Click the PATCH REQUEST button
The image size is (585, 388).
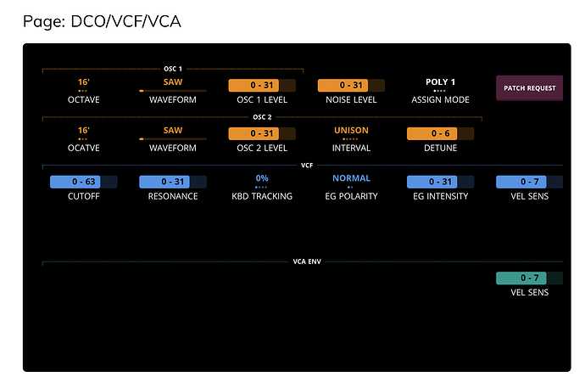(529, 87)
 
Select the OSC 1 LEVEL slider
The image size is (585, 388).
(261, 85)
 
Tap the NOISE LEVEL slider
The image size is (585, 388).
(351, 85)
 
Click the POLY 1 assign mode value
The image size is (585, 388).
(440, 82)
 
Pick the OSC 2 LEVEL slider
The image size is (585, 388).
(261, 133)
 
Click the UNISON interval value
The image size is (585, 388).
(351, 131)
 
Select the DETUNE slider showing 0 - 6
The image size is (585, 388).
(440, 133)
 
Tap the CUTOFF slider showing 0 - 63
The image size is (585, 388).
(83, 182)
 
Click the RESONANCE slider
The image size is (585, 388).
(172, 182)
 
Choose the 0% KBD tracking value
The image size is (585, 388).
(261, 178)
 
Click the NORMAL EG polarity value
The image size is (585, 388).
(351, 178)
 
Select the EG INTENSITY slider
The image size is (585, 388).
(440, 182)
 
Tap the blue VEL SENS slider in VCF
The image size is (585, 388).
(529, 182)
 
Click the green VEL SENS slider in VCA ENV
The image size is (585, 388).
(529, 278)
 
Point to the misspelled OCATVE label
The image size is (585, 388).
(83, 149)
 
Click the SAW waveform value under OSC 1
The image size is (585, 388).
(172, 82)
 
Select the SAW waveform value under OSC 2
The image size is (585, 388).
(172, 131)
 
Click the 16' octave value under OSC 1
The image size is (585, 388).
(83, 82)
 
